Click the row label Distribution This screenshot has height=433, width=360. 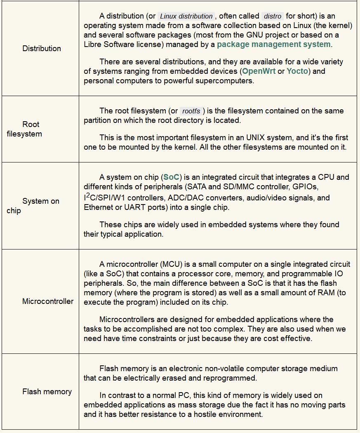click(42, 48)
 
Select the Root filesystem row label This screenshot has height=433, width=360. click(24, 129)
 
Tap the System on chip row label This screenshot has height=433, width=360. click(33, 206)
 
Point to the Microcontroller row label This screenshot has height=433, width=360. click(48, 301)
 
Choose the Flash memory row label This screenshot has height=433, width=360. click(47, 392)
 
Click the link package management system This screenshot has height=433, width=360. click(274, 44)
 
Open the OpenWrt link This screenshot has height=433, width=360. click(259, 71)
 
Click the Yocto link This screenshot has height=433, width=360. click(297, 71)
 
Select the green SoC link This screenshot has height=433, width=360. click(171, 177)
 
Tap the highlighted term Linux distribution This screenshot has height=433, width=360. click(186, 16)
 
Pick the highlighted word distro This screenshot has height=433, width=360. click(273, 16)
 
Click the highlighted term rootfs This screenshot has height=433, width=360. click(191, 111)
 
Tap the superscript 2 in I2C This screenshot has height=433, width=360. click(88, 195)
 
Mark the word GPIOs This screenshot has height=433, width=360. click(305, 187)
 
